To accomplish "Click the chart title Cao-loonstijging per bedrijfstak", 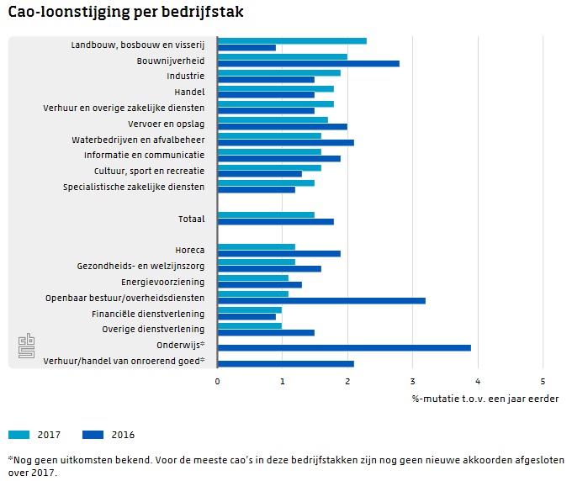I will tap(126, 14).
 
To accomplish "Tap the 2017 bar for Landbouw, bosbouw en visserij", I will tap(291, 40).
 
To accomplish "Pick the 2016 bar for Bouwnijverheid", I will tap(308, 63).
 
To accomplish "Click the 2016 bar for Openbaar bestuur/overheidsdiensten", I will tap(320, 300).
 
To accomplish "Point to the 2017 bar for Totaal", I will tap(265, 214).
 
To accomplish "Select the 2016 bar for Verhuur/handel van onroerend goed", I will tap(285, 363).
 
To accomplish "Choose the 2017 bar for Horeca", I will tap(256, 246).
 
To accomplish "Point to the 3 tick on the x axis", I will tap(412, 382).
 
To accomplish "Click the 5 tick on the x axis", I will tap(543, 382).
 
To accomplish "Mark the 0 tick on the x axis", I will tap(217, 382).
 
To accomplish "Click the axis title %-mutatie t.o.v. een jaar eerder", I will tap(485, 399).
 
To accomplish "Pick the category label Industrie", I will tap(185, 77).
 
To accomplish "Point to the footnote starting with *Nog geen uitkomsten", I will tap(286, 466).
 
